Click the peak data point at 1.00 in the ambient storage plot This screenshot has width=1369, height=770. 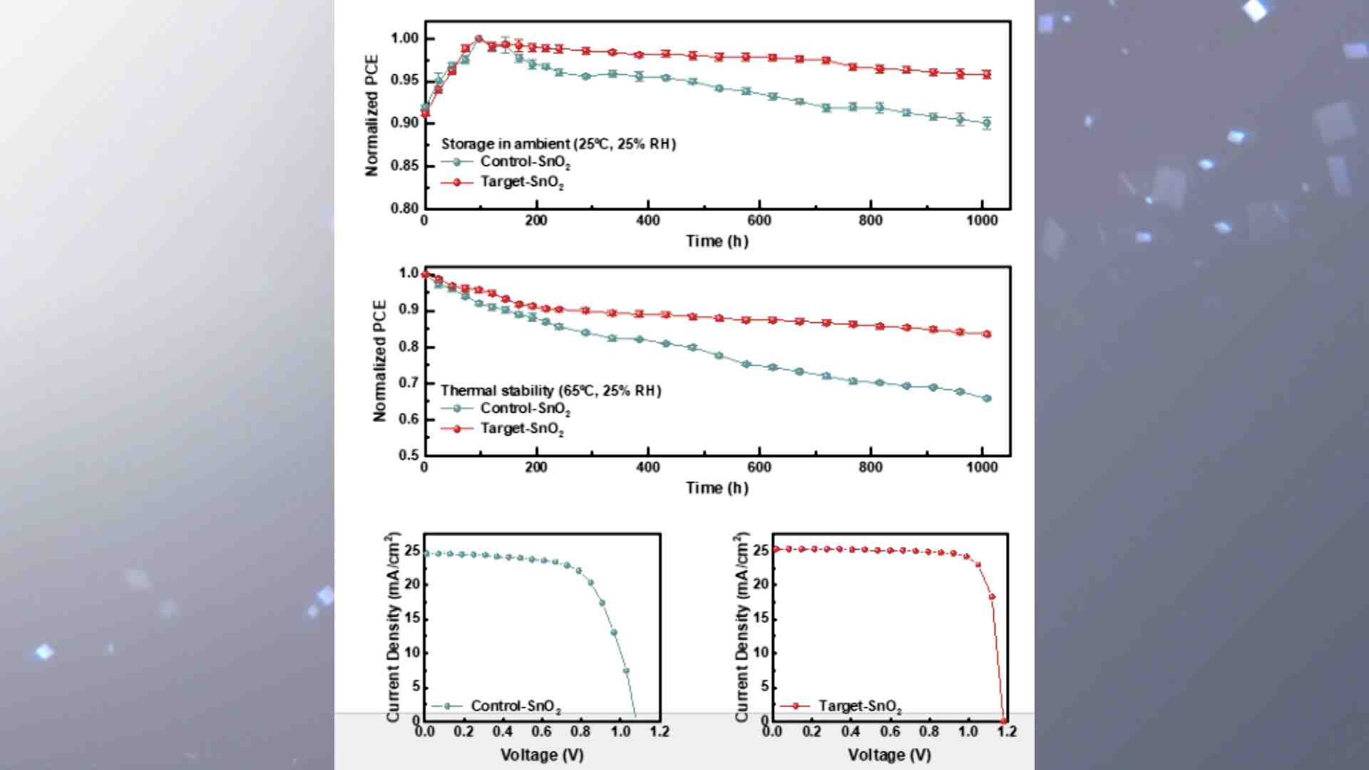click(478, 38)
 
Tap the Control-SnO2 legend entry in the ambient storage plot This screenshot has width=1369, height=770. click(524, 163)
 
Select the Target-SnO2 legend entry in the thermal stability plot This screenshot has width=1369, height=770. click(521, 428)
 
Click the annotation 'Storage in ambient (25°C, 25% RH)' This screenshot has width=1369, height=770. click(558, 144)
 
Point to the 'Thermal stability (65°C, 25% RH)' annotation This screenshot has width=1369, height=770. click(550, 391)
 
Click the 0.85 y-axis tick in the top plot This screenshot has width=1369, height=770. click(404, 166)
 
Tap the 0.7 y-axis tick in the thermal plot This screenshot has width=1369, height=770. click(409, 383)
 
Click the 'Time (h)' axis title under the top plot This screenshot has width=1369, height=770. click(717, 241)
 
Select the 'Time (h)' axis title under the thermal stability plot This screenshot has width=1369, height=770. click(717, 488)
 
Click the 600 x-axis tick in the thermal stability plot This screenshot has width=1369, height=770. click(759, 467)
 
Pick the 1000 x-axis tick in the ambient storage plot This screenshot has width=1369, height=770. click(982, 220)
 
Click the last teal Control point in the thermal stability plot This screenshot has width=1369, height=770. click(987, 399)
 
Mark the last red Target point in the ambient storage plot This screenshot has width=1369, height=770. click(987, 74)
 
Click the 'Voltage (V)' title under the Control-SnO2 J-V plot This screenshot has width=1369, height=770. click(542, 754)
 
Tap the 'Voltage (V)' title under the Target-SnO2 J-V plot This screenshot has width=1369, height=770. click(889, 754)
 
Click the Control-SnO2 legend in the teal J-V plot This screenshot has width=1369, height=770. click(515, 706)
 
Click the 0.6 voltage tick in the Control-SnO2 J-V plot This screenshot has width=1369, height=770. click(542, 731)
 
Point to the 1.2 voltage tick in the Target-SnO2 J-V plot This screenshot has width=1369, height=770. click(1007, 731)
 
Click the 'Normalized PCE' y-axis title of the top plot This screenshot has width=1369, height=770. click(371, 115)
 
